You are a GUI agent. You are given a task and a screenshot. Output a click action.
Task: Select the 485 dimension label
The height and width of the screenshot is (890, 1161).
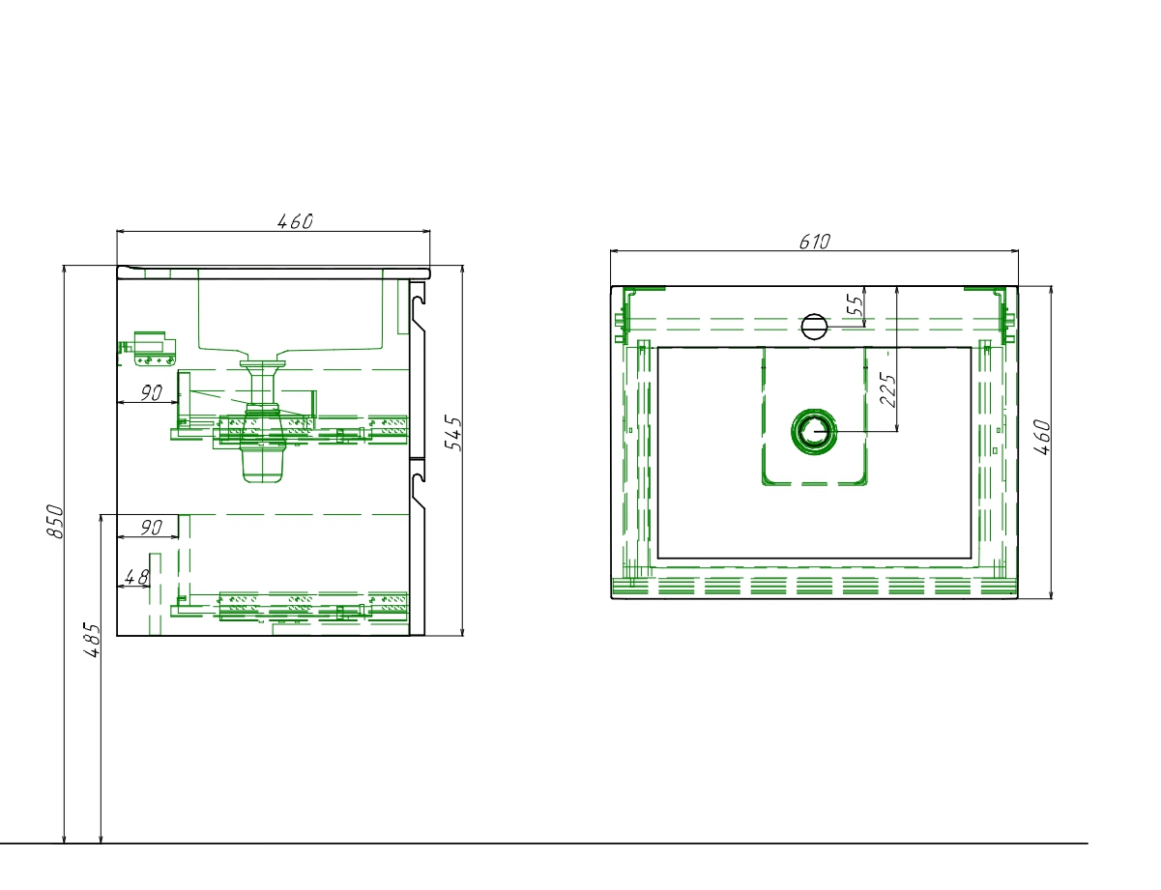click(x=93, y=640)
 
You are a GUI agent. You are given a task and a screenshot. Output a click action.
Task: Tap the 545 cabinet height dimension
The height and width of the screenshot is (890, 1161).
click(x=454, y=433)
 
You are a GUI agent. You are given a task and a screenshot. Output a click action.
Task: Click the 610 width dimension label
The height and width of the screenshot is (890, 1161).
click(x=814, y=242)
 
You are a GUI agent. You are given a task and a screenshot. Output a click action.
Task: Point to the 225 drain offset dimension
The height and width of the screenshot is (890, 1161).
click(x=887, y=389)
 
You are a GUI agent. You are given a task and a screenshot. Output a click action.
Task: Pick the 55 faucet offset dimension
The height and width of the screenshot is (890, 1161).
click(x=856, y=304)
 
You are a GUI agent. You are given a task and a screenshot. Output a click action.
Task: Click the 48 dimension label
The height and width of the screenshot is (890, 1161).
click(x=136, y=577)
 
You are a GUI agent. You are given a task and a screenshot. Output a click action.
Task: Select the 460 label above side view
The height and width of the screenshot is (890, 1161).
click(x=296, y=221)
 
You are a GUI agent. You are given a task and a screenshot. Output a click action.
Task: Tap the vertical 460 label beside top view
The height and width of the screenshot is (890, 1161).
click(x=1042, y=438)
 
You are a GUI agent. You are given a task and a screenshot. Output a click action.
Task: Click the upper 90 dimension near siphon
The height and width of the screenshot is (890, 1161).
click(x=152, y=393)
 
